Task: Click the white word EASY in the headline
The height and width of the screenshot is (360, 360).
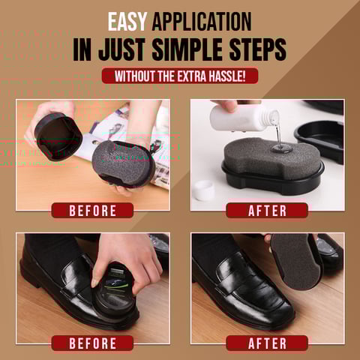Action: [127, 22]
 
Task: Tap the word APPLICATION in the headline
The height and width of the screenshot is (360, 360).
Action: [202, 22]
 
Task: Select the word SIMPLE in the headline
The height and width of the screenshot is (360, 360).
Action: [187, 49]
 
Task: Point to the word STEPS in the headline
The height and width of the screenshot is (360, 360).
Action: [258, 49]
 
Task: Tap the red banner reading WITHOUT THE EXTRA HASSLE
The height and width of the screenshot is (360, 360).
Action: [180, 76]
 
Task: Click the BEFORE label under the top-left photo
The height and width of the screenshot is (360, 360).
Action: [92, 211]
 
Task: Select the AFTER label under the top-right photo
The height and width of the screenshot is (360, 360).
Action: [267, 211]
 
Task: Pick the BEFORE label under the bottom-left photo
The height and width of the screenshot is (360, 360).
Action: [92, 343]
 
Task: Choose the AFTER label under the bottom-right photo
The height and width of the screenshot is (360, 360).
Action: [267, 343]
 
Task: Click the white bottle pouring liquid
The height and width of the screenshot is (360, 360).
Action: [242, 118]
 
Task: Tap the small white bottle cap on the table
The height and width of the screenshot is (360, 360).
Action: [205, 190]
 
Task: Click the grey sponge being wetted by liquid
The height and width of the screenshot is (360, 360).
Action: [271, 156]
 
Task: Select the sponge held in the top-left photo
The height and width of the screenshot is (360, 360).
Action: [124, 163]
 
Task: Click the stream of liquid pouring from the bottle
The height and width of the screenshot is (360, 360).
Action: [277, 136]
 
